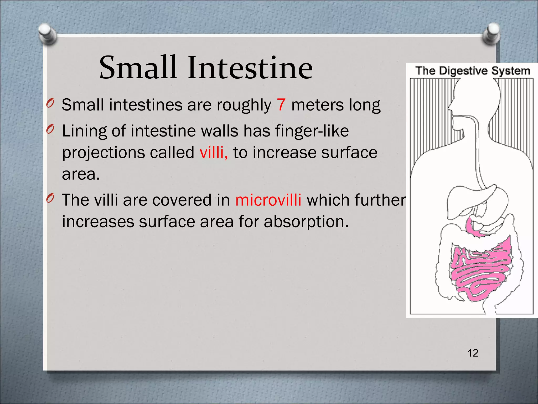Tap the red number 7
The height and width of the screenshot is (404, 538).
[281, 105]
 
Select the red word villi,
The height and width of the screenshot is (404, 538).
[214, 153]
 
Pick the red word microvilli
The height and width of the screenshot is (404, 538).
[268, 200]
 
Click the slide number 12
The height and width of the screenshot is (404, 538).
[473, 353]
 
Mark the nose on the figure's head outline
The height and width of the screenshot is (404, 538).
[449, 107]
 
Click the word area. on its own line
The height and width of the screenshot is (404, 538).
[81, 174]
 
